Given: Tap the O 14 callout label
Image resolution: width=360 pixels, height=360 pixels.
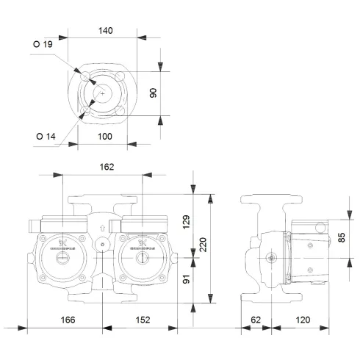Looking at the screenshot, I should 45,135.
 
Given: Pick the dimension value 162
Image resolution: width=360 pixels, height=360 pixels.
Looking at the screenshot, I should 107,167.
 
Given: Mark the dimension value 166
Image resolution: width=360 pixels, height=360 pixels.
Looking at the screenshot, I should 68,320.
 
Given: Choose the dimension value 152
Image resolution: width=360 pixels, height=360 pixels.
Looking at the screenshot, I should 143,320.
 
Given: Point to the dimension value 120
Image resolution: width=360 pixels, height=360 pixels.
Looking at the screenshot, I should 302,320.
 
